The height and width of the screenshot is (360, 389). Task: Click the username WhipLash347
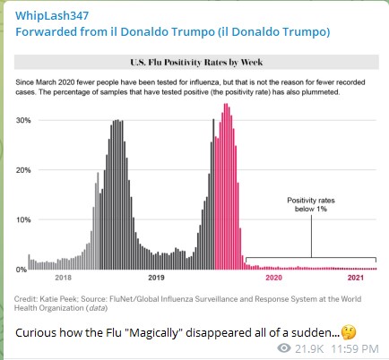(52, 16)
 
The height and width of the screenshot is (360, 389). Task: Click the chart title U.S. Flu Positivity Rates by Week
(196, 63)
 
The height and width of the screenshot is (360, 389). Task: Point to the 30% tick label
(23, 120)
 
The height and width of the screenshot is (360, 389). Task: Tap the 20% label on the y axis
(23, 170)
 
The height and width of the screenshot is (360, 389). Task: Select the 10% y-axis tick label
(23, 220)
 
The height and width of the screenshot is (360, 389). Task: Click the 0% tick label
(22, 270)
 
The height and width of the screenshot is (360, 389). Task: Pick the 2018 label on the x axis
(64, 278)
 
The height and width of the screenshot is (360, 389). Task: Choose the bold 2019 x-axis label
(156, 278)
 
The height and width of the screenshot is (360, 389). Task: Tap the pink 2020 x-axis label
(273, 278)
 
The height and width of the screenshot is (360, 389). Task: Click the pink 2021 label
(356, 278)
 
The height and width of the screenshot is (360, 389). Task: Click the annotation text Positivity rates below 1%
(311, 204)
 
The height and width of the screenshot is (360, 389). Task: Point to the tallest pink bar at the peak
(226, 186)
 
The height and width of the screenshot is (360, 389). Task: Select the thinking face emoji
(349, 332)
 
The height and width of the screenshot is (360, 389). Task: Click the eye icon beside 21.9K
(284, 347)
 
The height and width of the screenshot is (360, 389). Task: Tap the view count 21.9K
(309, 348)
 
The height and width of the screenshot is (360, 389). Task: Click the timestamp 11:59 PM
(355, 348)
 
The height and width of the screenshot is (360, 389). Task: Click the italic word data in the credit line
(97, 308)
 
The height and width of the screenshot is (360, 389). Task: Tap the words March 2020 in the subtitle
(55, 82)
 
